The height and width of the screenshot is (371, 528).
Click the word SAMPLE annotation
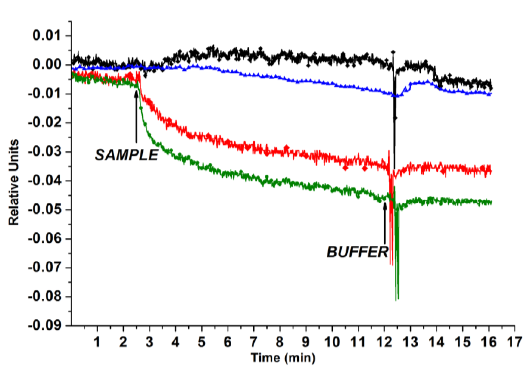click(x=127, y=155)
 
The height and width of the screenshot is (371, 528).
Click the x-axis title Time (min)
click(x=283, y=358)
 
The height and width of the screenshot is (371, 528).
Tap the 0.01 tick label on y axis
click(x=47, y=36)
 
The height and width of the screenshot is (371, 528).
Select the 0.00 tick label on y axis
click(x=47, y=65)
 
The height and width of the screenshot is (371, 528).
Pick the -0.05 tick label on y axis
click(x=45, y=210)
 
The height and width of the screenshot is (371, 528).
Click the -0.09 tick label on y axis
click(x=45, y=326)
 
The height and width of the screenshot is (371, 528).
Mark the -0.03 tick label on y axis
click(x=45, y=152)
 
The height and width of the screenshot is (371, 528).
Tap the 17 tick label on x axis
click(x=514, y=342)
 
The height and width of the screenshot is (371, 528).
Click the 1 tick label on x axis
click(x=97, y=342)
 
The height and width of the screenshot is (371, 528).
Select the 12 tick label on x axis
click(x=384, y=342)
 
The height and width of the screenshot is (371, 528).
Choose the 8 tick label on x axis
click(x=279, y=342)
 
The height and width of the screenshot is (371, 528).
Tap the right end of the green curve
click(x=491, y=202)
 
